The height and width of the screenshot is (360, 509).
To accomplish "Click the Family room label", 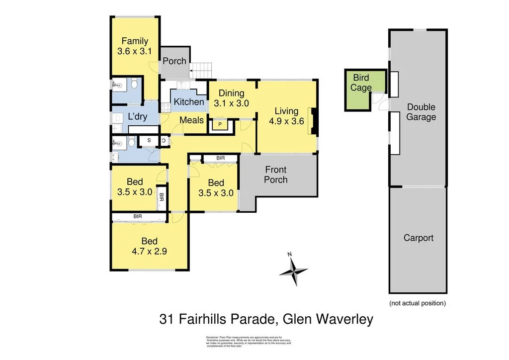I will click(x=135, y=41).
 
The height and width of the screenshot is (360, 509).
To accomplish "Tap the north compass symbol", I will click(x=293, y=271).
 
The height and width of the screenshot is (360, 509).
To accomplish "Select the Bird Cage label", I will click(x=361, y=83).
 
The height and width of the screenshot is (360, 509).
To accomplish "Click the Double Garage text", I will click(x=421, y=112).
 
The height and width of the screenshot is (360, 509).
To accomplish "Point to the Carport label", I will click(x=418, y=238).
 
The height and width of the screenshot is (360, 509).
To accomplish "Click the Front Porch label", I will click(x=275, y=174).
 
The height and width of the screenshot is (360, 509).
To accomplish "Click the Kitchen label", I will click(x=189, y=102).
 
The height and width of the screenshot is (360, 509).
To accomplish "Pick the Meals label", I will click(x=191, y=120).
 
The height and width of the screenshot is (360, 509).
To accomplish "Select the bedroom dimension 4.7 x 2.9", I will click(x=149, y=251).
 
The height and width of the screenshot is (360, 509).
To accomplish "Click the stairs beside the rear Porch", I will click(x=202, y=70).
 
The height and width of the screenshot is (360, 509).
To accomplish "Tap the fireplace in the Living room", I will click(x=313, y=121).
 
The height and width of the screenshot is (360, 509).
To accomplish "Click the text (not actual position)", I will click(x=417, y=303).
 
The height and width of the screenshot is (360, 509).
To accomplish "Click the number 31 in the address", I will click(x=168, y=319).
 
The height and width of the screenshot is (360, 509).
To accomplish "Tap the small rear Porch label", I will click(x=174, y=61).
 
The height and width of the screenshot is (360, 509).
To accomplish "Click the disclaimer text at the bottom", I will click(x=249, y=341).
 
